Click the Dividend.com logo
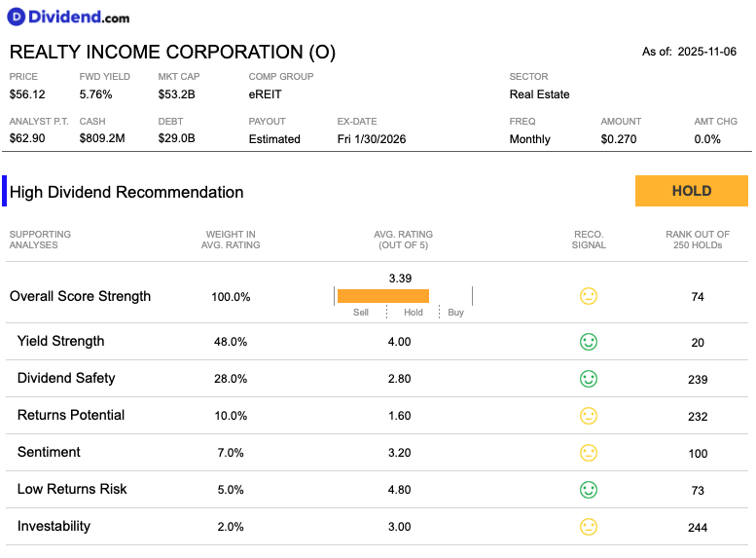(x=68, y=17)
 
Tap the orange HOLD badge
(x=692, y=191)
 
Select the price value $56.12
(x=27, y=94)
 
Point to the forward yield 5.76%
(x=96, y=94)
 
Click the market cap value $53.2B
(x=176, y=94)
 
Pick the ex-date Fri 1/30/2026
(x=372, y=139)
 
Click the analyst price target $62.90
(x=27, y=138)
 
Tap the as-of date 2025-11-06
(x=706, y=52)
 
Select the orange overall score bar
(x=383, y=296)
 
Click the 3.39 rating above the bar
(x=400, y=279)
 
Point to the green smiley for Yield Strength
(x=589, y=342)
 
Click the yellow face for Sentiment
(x=589, y=453)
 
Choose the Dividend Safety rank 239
(x=698, y=380)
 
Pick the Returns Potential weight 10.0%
(x=231, y=416)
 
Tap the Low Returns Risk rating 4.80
(x=400, y=490)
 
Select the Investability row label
(x=54, y=526)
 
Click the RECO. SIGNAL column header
(x=589, y=240)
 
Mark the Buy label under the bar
(x=455, y=313)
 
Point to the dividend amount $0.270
(x=619, y=139)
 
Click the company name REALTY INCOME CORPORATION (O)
(x=172, y=52)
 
